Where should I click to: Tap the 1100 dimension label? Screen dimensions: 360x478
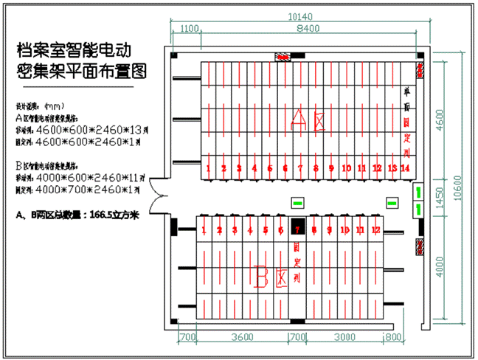click(x=190, y=29)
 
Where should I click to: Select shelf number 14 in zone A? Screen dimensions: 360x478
click(x=405, y=168)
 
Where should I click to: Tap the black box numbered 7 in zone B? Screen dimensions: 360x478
click(x=297, y=229)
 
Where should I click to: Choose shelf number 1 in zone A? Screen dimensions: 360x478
click(x=209, y=168)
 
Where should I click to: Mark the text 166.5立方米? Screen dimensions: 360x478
click(x=119, y=216)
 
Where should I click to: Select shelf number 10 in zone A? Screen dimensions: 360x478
click(x=346, y=168)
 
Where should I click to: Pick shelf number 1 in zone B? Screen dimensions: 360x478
click(x=204, y=230)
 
